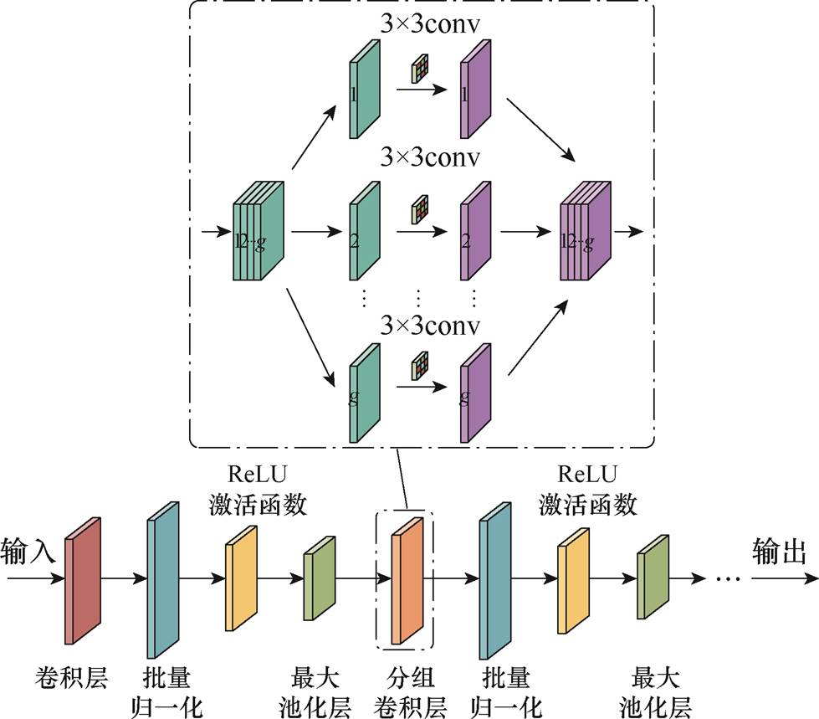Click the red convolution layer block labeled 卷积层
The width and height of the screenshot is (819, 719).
[83, 580]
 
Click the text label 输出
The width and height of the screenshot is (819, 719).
[779, 551]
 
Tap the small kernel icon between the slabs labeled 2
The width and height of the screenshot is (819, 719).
[420, 211]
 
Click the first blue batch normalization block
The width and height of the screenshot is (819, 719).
[163, 579]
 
